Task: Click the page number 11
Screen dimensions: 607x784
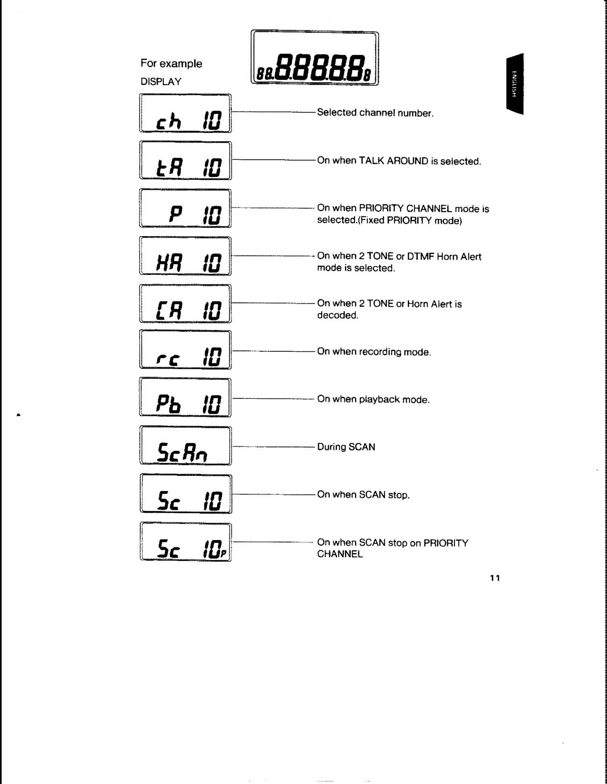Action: (x=495, y=578)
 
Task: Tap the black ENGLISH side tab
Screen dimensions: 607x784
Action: (x=515, y=84)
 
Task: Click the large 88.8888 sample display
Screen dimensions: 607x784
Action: (x=315, y=58)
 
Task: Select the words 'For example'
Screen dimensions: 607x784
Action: (x=171, y=64)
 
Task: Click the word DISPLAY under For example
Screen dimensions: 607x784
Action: (x=161, y=81)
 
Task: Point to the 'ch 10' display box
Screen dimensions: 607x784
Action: (x=185, y=113)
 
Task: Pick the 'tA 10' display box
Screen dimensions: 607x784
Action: (x=185, y=161)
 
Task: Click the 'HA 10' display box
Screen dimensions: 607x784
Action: (x=185, y=256)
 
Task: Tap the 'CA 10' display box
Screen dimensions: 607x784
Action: (x=185, y=303)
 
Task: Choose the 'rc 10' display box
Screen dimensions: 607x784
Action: (x=185, y=349)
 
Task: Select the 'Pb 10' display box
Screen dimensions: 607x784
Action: (x=185, y=397)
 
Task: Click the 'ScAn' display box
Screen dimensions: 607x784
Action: (x=185, y=445)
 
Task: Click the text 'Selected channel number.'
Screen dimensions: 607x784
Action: (x=375, y=113)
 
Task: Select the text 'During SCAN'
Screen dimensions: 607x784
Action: (x=346, y=447)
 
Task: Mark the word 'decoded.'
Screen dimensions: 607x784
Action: (x=338, y=315)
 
